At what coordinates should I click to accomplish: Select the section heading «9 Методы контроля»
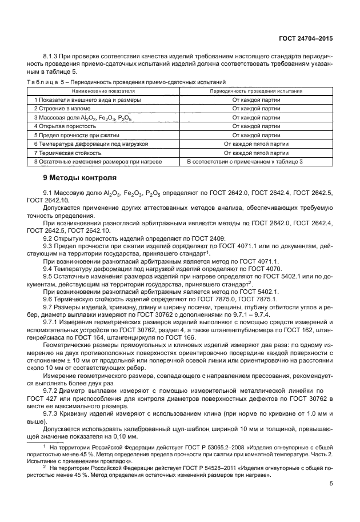pos(80,177)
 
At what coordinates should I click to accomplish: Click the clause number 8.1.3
pos(51,58)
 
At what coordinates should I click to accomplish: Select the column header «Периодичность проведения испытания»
pos(256,91)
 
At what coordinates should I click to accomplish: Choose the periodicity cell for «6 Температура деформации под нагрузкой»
pos(256,144)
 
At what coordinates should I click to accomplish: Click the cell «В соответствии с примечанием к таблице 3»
pos(256,162)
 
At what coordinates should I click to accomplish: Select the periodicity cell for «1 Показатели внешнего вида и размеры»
pos(256,99)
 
